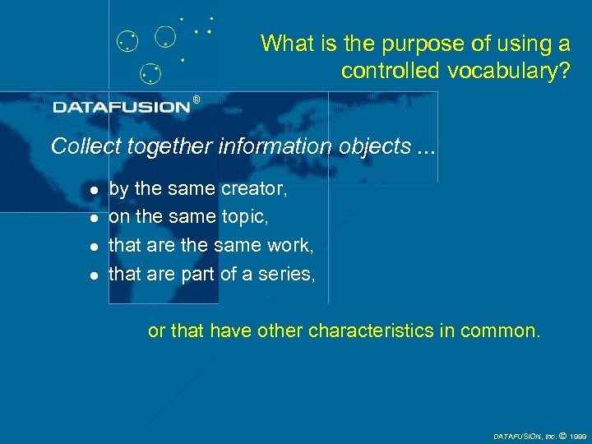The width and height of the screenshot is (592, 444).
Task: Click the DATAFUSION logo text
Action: pos(122,107)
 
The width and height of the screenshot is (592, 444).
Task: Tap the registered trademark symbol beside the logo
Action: pos(196,99)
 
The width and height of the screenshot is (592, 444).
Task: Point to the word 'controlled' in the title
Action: pos(391,71)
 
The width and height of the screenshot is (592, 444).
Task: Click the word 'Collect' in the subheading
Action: pos(80,146)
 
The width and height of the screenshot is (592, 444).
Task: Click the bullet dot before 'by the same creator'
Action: pos(94,190)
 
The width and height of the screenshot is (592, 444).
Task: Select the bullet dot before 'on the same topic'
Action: pos(94,218)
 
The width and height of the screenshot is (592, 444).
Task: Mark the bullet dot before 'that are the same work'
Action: pos(94,246)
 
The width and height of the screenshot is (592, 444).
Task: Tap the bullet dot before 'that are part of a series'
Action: pos(94,275)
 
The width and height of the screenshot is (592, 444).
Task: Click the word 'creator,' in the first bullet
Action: pos(254,189)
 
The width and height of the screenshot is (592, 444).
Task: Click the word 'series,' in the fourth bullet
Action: pos(288,274)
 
